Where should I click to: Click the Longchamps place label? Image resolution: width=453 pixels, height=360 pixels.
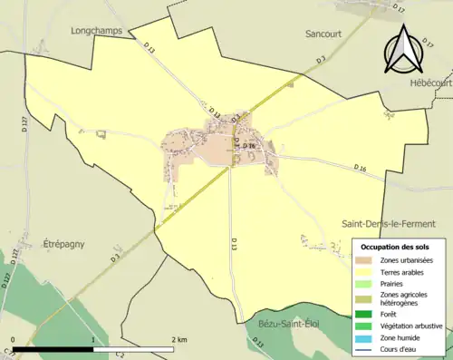[97, 30]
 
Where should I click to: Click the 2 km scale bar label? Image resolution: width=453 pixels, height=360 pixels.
[179, 339]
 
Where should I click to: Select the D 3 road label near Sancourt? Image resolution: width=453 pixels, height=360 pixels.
[321, 60]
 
